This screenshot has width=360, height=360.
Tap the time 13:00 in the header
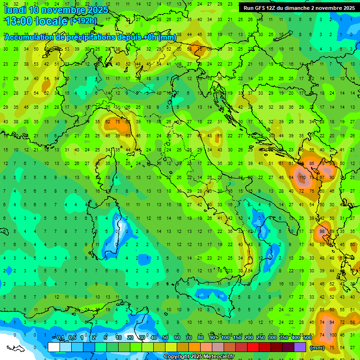(x=18, y=21)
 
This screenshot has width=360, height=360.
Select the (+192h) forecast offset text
(x=83, y=21)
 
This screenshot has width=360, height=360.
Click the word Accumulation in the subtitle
(x=30, y=37)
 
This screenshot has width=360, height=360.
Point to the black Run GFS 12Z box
(x=298, y=8)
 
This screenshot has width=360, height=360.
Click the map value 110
(x=302, y=178)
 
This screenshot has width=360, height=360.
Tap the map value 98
(x=322, y=232)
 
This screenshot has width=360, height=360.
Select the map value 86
(x=312, y=163)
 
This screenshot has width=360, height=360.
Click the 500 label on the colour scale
(x=307, y=338)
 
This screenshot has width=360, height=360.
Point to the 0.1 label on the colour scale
(x=61, y=338)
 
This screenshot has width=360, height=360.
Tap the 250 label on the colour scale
(x=260, y=338)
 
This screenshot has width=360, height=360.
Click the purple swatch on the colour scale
(x=300, y=347)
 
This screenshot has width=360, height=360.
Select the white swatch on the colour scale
(x=54, y=347)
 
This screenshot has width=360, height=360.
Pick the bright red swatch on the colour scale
(x=253, y=347)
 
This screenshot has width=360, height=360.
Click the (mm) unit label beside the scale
(x=317, y=348)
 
